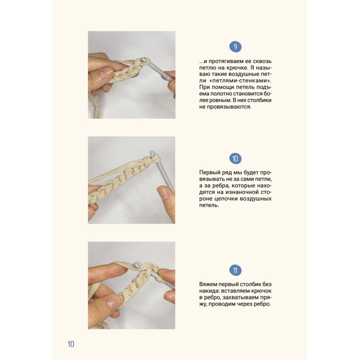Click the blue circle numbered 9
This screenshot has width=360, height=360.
(235, 47)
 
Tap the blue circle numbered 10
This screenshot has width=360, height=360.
(235, 159)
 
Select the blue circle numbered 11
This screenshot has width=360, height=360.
(235, 270)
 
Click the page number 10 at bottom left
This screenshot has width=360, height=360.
(71, 344)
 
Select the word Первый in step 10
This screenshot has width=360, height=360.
(210, 173)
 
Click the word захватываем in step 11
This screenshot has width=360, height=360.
(240, 298)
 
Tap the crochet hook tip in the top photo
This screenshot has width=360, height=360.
(144, 60)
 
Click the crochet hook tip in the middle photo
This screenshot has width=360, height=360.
(152, 153)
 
